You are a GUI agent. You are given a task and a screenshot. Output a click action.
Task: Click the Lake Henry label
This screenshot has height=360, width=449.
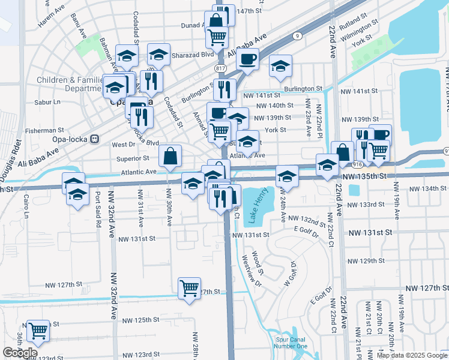click(x=253, y=207)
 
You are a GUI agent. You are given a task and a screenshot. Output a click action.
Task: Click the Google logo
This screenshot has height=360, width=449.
click(x=20, y=353)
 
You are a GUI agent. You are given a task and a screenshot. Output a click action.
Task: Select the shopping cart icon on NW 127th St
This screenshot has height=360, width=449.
click(x=189, y=289)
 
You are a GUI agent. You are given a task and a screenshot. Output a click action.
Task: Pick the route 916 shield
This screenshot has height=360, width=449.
click(x=357, y=163)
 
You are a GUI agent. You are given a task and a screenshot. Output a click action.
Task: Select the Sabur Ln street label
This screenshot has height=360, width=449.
click(x=49, y=103)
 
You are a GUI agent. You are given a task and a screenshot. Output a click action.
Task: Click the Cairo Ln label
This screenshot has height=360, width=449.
click(x=26, y=206)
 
